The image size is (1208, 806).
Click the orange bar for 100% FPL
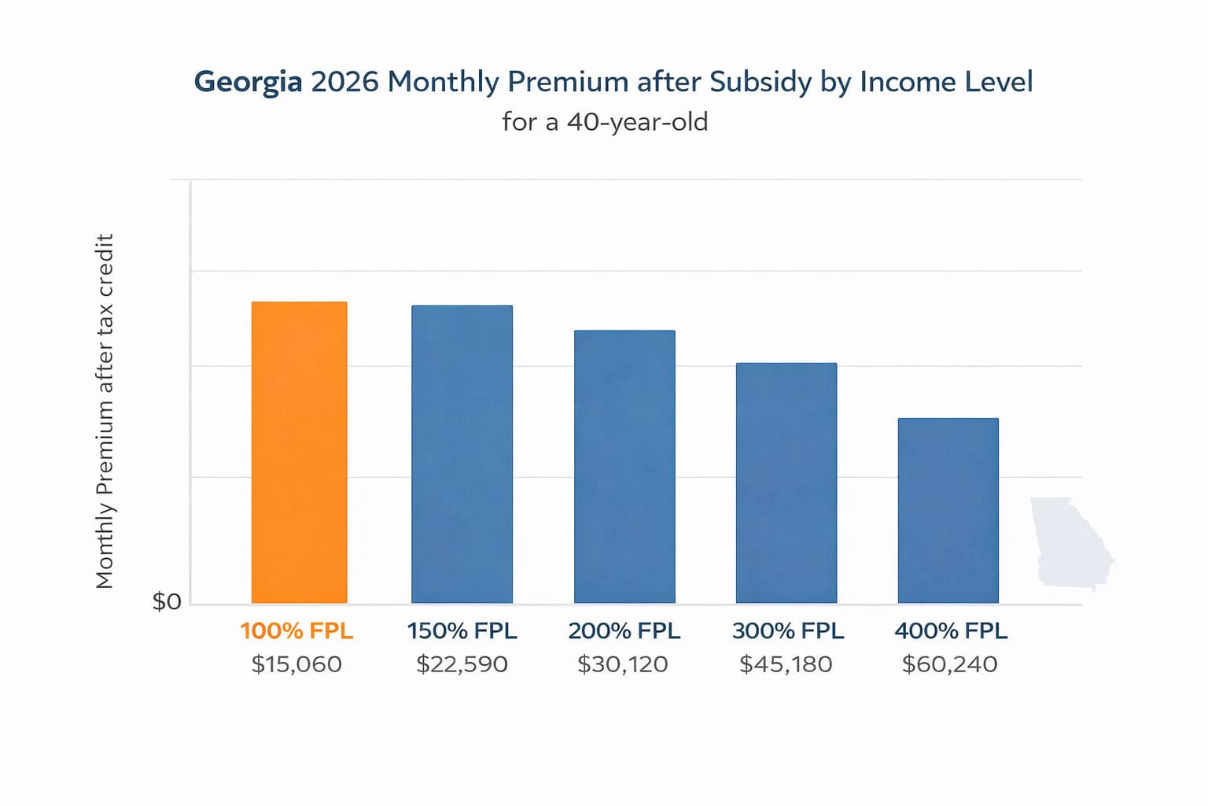299,453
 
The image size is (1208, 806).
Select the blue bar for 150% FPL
462,454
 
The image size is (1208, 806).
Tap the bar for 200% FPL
624,467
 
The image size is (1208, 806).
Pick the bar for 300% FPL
786,483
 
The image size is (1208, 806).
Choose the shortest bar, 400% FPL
948,511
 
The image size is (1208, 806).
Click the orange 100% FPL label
296,631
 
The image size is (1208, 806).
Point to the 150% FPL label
462,631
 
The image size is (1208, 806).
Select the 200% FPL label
624,631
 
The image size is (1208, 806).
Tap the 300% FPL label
787,631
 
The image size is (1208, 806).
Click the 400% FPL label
950,631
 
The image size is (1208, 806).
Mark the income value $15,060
296,664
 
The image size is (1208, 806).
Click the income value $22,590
462,664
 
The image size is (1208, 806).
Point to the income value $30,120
622,664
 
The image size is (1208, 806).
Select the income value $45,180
786,664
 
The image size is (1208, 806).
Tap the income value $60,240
949,664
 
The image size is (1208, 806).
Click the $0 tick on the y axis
167,602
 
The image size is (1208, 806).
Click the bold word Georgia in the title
248,83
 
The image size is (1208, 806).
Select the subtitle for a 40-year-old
605,122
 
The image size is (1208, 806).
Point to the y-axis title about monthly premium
105,411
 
